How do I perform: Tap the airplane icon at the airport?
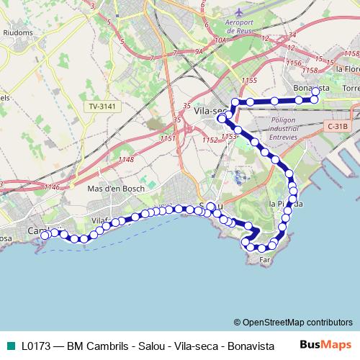click(239, 13)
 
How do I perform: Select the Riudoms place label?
click(16, 32)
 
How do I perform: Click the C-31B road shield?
click(336, 126)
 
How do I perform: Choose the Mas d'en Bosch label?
click(115, 189)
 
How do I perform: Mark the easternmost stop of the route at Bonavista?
click(315, 99)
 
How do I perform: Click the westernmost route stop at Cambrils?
click(45, 235)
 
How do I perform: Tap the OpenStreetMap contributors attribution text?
click(297, 322)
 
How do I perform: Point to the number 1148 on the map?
click(125, 159)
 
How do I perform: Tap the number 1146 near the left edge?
click(51, 186)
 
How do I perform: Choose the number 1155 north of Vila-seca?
click(250, 80)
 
